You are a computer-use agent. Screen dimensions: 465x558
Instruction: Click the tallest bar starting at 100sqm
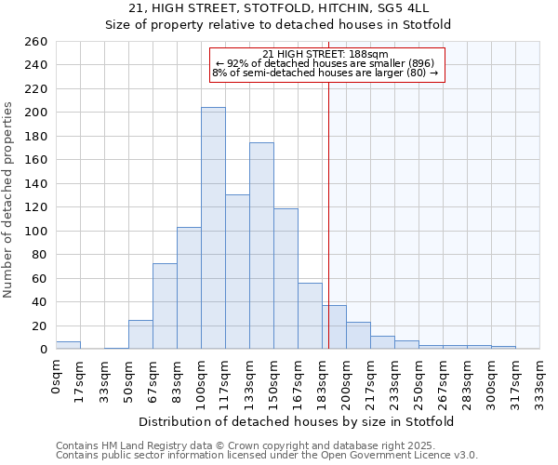(213, 228)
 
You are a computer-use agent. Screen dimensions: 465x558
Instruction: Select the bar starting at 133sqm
(261, 246)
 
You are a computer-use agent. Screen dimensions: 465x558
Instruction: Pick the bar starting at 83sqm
(189, 287)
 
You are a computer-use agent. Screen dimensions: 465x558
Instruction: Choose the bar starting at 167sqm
(310, 315)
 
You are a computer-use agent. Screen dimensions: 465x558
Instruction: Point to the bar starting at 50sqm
(140, 334)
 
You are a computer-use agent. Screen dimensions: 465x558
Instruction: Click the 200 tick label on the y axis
(35, 113)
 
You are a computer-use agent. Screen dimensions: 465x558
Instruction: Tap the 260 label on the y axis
(35, 42)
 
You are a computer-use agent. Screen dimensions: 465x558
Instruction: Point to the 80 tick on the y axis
(39, 255)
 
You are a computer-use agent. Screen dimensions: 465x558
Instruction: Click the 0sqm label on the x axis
(56, 378)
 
